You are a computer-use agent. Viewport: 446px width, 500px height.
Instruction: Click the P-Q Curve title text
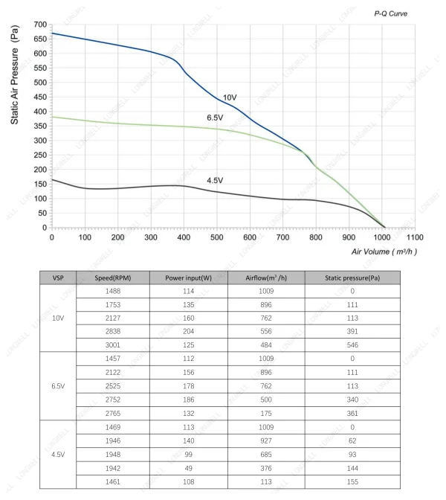(390, 13)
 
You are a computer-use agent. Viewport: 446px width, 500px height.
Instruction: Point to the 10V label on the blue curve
(230, 97)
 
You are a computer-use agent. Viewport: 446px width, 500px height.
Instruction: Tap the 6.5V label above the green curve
(215, 118)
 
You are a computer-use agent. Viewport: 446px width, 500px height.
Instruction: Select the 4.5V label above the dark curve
(215, 181)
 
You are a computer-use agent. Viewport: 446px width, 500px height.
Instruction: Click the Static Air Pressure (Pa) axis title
(15, 74)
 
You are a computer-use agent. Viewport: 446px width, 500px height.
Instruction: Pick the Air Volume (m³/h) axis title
(384, 251)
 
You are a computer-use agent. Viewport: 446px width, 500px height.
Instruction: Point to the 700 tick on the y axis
(40, 25)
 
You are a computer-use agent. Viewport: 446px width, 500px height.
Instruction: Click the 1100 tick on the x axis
(415, 237)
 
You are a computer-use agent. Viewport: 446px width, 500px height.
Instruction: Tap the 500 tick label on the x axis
(216, 237)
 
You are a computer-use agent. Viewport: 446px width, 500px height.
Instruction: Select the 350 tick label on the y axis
(40, 126)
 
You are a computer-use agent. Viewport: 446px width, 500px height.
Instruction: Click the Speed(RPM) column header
(113, 278)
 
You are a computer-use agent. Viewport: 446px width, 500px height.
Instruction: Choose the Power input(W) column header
(188, 278)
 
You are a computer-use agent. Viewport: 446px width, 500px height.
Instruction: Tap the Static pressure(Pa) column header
(352, 278)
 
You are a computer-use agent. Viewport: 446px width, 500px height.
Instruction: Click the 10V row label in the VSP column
(58, 318)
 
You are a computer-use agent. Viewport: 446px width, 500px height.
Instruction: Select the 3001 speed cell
(113, 345)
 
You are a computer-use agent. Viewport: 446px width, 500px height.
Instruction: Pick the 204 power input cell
(189, 331)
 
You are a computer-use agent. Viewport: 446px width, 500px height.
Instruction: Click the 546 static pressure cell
(352, 345)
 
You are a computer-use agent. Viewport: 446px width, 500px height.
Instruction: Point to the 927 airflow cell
(266, 441)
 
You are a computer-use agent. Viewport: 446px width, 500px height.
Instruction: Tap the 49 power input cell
(189, 469)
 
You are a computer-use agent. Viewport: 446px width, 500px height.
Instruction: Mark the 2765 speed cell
(113, 414)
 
